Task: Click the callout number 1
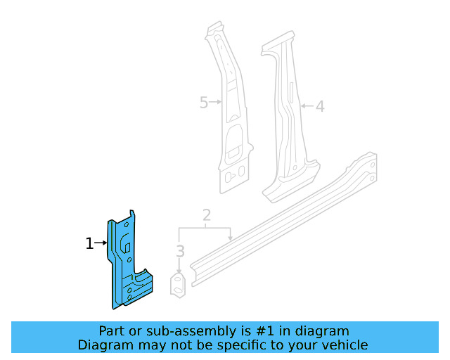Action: [x=89, y=244]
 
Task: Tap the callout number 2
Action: [x=206, y=214]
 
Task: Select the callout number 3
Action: [x=180, y=251]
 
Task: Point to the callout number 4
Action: [x=319, y=107]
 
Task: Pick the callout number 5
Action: [x=204, y=103]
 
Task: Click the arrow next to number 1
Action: [x=100, y=244]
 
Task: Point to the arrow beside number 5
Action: [x=215, y=103]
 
